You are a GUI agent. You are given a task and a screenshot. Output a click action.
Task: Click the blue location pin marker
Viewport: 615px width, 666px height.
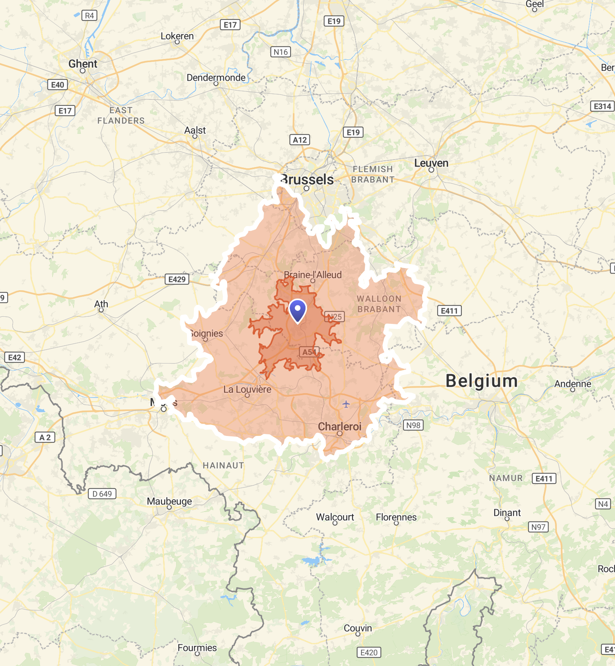(x=298, y=310)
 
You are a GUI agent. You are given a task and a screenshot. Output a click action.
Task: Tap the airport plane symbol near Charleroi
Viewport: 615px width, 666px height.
(x=346, y=404)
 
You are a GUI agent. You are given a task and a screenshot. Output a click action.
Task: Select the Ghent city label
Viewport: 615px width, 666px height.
(x=83, y=64)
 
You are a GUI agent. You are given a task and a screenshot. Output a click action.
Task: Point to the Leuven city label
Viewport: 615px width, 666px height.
(x=431, y=163)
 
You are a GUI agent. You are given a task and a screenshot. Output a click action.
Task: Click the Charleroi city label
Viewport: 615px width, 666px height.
(x=340, y=426)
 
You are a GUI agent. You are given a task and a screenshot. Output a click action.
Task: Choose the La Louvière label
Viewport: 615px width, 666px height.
(x=247, y=389)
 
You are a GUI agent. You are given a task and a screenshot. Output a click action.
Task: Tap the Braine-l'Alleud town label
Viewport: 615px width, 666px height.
(x=313, y=275)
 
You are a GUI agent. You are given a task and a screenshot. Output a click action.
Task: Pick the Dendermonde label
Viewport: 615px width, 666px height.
(x=216, y=78)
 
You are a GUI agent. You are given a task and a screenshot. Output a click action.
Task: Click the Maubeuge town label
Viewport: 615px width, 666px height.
(x=169, y=501)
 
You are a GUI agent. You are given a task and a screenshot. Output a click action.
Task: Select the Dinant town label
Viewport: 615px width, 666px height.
(x=507, y=513)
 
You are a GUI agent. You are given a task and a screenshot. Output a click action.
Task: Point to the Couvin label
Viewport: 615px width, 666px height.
(x=358, y=628)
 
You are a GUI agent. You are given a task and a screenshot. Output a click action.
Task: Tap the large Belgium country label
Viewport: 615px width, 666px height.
(x=482, y=381)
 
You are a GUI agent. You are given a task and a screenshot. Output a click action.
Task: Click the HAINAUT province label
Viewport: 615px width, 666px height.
(x=223, y=466)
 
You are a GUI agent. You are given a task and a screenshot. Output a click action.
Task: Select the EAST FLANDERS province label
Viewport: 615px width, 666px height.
(x=121, y=116)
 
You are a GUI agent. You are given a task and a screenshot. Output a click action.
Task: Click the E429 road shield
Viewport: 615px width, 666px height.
(x=177, y=279)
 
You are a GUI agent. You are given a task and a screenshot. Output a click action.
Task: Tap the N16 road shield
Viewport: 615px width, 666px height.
(x=281, y=52)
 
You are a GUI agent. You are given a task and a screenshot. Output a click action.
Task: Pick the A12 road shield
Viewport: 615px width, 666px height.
(x=300, y=140)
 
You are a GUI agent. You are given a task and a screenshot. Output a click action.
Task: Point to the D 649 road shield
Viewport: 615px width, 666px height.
(x=102, y=494)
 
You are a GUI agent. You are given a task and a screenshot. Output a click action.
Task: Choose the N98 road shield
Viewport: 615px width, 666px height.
(x=413, y=425)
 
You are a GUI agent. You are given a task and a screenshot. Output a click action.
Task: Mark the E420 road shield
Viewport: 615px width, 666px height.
(x=369, y=653)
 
